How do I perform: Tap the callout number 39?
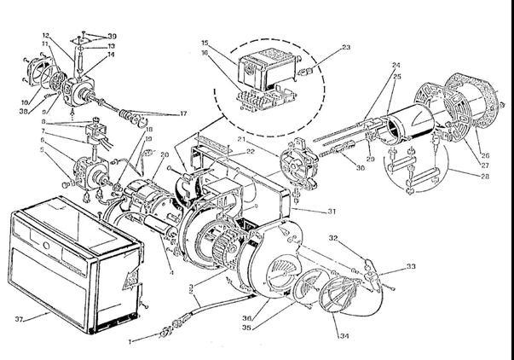click(112, 36)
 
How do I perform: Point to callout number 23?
click(321, 48)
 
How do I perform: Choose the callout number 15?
click(205, 42)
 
